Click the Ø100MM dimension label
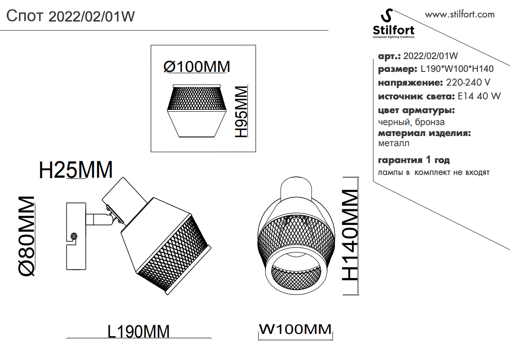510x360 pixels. pos(197,67)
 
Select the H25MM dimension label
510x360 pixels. pos(76,170)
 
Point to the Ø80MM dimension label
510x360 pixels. pos(27,236)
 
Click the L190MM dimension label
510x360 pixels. pos(139,331)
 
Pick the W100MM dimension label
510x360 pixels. pos(295,329)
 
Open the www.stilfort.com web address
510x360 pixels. pos(460,14)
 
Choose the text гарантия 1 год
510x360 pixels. pos(414,160)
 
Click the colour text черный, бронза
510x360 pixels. pos(411,122)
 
